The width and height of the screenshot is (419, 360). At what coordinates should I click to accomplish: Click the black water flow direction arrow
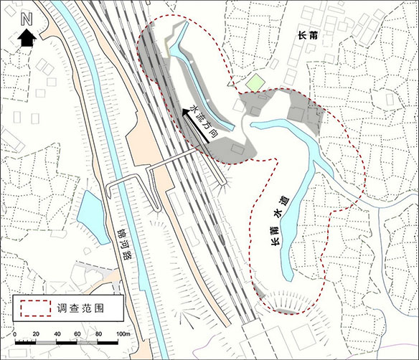(195, 125)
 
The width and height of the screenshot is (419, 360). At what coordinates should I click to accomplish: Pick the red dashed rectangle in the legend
(34, 308)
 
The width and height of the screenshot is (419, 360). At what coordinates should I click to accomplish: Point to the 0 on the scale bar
(15, 336)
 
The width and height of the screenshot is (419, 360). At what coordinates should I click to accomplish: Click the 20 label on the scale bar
(35, 336)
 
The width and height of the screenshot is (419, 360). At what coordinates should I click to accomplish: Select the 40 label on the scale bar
(56, 336)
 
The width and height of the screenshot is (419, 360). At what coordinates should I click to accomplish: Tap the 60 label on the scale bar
(77, 336)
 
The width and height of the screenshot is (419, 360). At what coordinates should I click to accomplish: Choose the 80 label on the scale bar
(98, 336)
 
